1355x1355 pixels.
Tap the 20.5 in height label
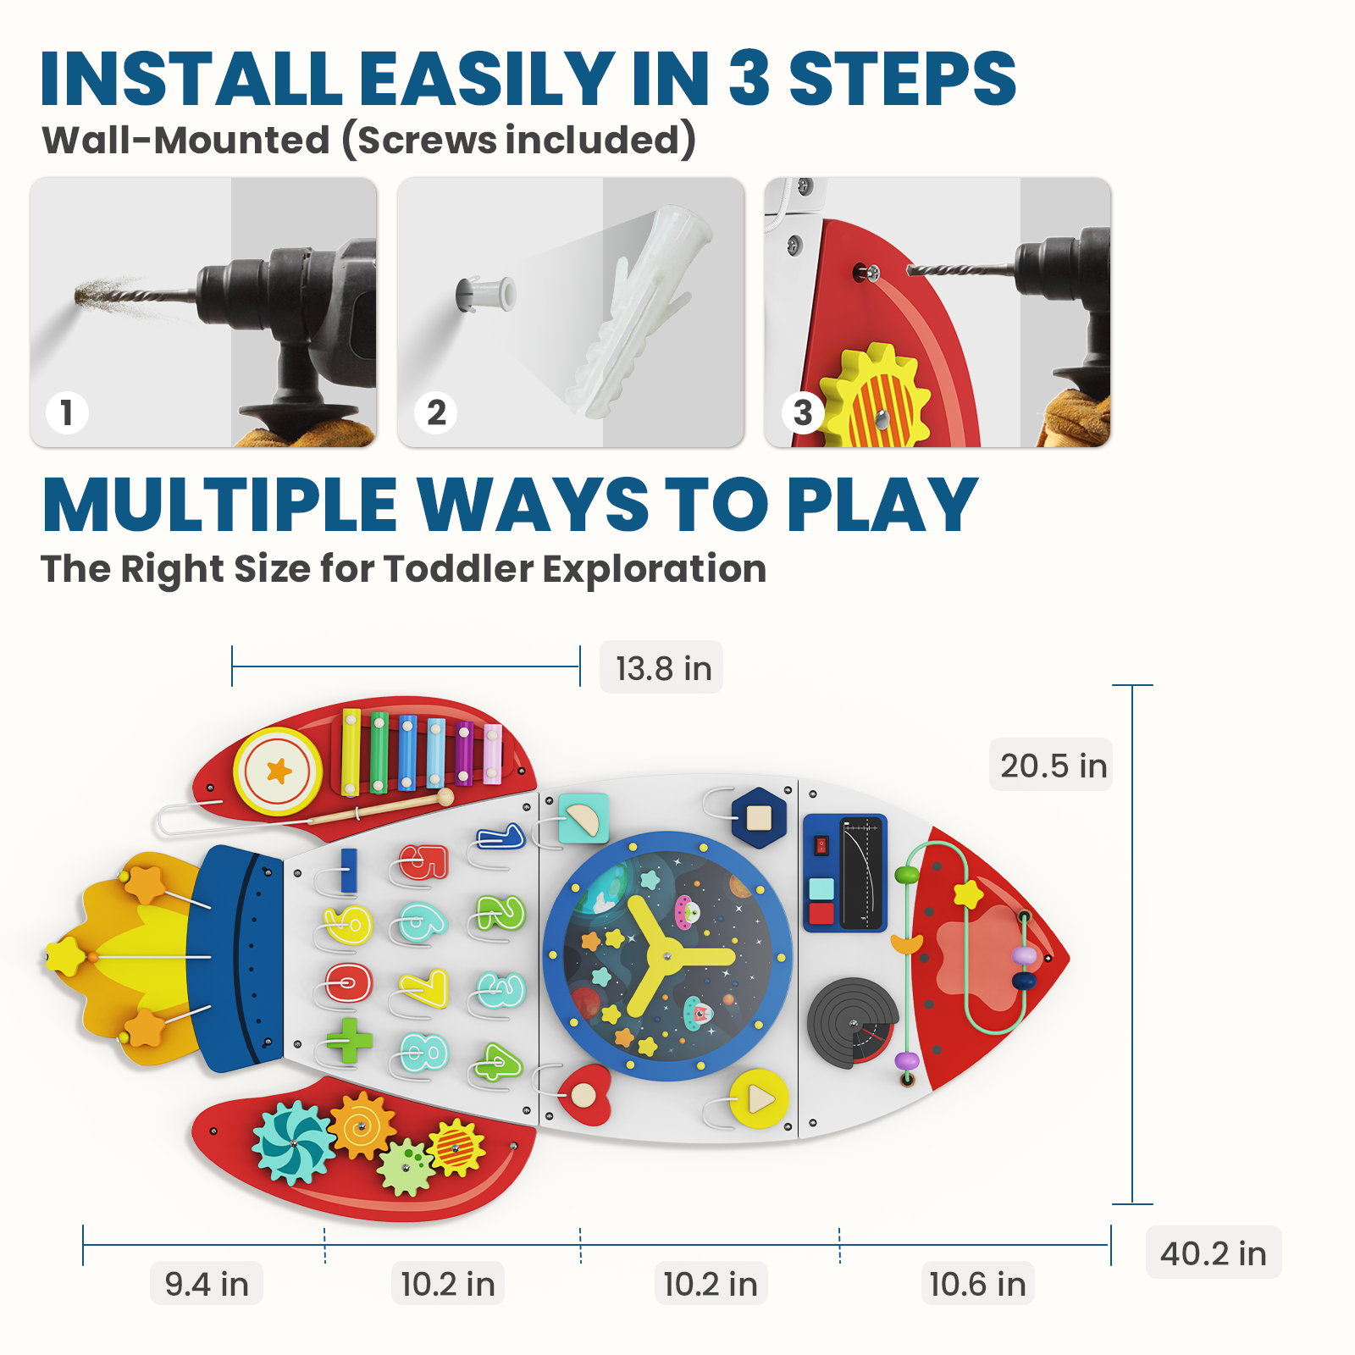[x=1052, y=766]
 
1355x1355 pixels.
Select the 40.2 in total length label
[x=1213, y=1253]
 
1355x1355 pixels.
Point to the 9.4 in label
[x=207, y=1284]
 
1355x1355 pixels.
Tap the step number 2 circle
[x=436, y=413]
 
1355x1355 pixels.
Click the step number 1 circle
[x=67, y=413]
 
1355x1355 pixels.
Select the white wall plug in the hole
[x=487, y=294]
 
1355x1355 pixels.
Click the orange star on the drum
[x=279, y=771]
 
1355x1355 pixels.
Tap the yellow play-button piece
[x=760, y=1099]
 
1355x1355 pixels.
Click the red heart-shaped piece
[x=585, y=1094]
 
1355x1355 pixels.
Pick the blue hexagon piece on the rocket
[x=759, y=817]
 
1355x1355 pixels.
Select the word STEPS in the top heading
[x=902, y=79]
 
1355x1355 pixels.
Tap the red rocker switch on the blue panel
[x=821, y=845]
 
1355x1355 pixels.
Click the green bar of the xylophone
[x=379, y=752]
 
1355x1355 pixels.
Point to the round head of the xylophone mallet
[x=445, y=797]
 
